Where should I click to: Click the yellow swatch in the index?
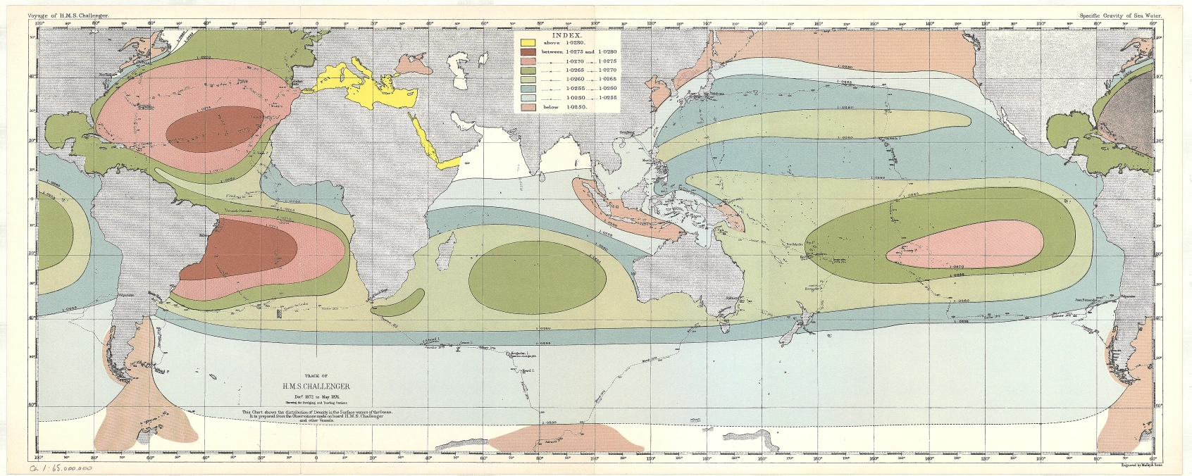pos(528,43)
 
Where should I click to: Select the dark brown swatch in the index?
pos(528,52)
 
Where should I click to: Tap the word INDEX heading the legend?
pos(567,35)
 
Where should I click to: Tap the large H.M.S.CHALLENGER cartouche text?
pos(316,387)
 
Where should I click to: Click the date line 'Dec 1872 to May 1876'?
pos(316,396)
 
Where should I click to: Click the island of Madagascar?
pos(445,251)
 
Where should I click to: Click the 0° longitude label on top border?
pos(317,23)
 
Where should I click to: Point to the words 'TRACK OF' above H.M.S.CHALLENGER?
pos(316,377)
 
